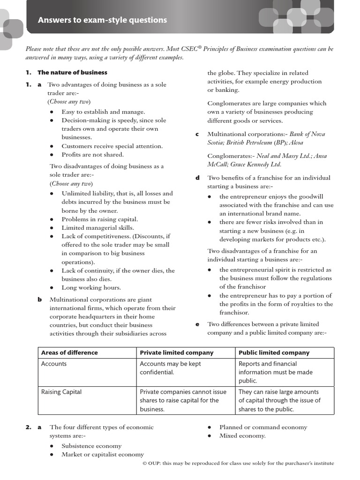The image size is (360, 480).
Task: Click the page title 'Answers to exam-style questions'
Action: (x=102, y=20)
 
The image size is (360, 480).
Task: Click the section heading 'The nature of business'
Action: (x=72, y=73)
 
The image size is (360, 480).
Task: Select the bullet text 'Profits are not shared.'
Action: (x=92, y=155)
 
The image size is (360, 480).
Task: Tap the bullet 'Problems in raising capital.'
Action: (x=99, y=219)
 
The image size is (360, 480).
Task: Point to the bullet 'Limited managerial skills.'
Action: (x=97, y=228)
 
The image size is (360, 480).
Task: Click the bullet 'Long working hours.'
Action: (x=91, y=288)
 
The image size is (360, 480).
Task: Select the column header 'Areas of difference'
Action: (x=69, y=352)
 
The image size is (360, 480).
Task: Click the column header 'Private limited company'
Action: (x=176, y=352)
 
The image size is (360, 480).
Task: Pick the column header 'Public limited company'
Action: (x=274, y=352)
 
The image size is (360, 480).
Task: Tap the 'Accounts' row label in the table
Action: (x=54, y=364)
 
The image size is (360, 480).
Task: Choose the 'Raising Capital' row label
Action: (x=61, y=392)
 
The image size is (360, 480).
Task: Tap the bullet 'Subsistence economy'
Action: (x=91, y=446)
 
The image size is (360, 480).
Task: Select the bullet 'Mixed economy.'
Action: (x=242, y=436)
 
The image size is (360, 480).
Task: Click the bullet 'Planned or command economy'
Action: (x=263, y=427)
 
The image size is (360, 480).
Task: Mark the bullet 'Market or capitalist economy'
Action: (x=103, y=454)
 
